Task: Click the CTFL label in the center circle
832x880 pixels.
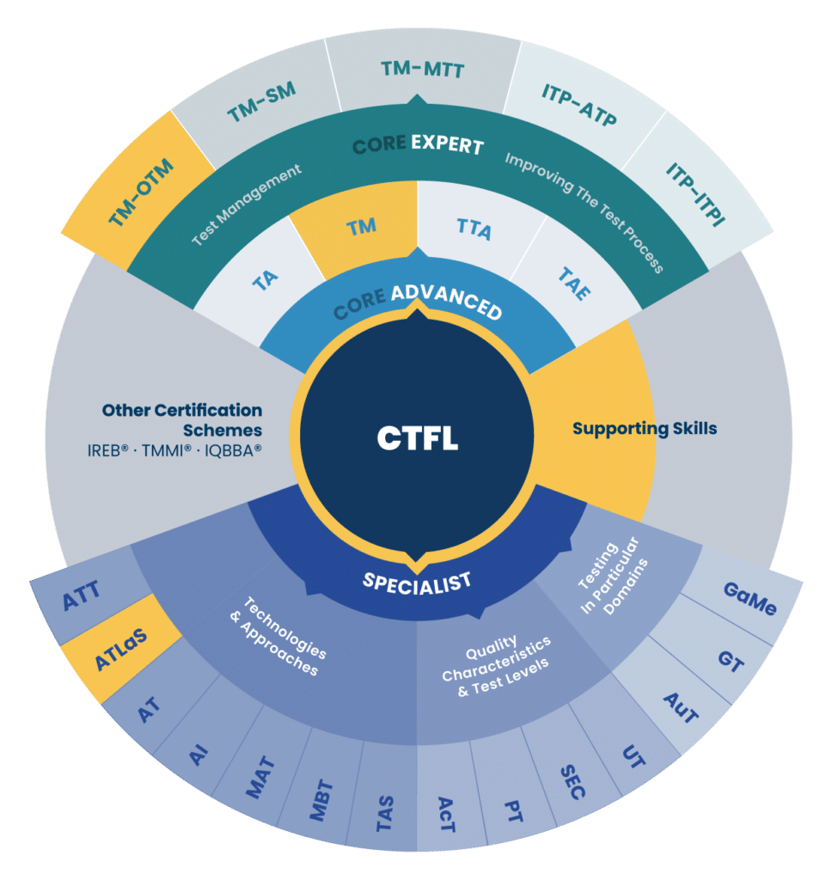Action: (417, 437)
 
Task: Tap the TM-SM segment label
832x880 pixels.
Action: (261, 102)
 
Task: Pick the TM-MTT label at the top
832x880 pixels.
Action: (422, 69)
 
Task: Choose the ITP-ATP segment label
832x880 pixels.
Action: (578, 105)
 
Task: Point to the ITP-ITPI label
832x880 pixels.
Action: (695, 194)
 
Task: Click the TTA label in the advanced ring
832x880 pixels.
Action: (474, 229)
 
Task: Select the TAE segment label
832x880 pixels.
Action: (574, 283)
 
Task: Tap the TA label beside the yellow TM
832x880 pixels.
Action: (265, 280)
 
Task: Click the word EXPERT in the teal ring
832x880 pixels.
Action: (448, 144)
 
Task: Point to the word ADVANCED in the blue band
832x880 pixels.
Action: (446, 302)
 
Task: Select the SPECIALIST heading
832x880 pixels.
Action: (417, 584)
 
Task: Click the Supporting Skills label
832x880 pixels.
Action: (645, 428)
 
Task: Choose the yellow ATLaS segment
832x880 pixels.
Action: (121, 649)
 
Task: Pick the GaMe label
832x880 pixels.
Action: (750, 598)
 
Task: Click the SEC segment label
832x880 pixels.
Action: (573, 782)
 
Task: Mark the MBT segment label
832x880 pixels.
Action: (321, 800)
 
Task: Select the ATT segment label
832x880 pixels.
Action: (82, 595)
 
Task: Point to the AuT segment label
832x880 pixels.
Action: (681, 708)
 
